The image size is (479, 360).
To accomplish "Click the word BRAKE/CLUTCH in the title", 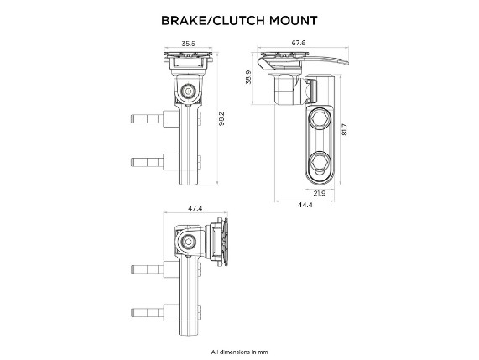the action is [213, 21].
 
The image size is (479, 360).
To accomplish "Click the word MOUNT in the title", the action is [294, 21].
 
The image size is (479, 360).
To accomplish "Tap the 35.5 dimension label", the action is [188, 44].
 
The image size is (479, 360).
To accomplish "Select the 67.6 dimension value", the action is [299, 43].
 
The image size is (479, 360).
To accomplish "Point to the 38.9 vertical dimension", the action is [248, 77].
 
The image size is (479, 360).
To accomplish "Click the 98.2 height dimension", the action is [221, 118].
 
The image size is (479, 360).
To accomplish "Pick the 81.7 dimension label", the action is [345, 129].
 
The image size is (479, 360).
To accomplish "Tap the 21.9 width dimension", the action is [320, 193].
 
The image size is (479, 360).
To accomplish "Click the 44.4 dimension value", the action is [305, 205].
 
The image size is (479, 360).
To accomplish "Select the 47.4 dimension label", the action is [195, 208].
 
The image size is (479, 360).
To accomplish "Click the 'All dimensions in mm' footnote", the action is [239, 352].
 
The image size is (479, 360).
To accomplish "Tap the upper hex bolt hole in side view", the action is [320, 119].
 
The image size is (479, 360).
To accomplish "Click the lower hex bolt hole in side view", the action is [320, 161].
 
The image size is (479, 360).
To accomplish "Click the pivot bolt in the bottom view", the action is [188, 243].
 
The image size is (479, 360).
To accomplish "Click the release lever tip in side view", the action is [346, 62].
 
